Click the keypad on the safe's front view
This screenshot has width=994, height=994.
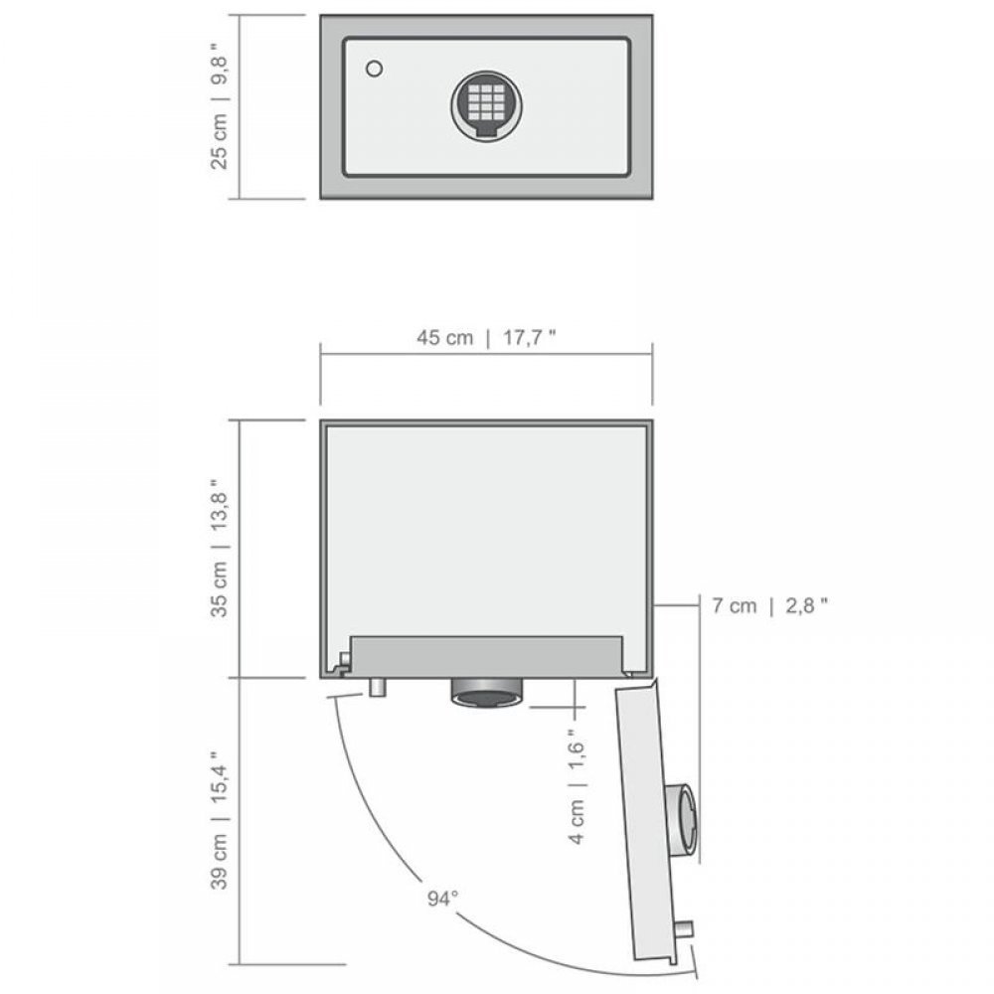(486, 106)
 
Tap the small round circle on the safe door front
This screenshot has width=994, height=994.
(374, 69)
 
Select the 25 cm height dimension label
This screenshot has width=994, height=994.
(219, 141)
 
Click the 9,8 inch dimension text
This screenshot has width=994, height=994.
(219, 64)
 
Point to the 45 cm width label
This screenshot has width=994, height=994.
(444, 337)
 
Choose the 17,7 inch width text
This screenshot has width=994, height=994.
(530, 337)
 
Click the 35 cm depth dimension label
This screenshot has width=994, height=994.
(219, 588)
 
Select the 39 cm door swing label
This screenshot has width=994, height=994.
(219, 862)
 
